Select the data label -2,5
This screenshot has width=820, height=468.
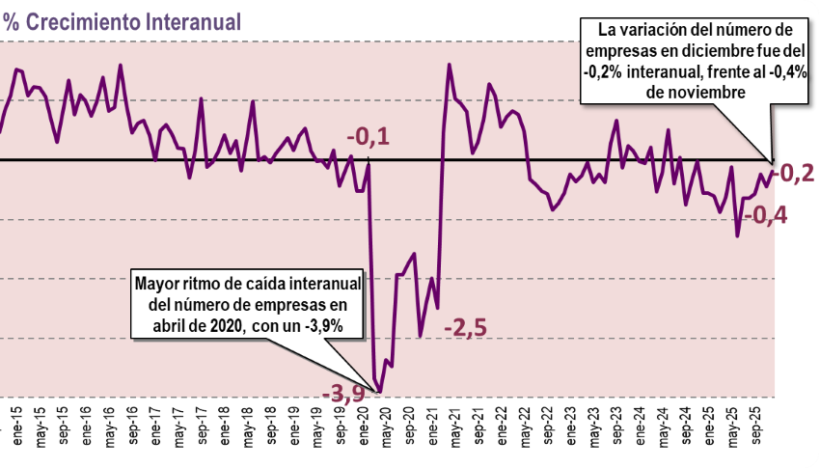(x=465, y=329)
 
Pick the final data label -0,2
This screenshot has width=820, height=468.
(x=796, y=174)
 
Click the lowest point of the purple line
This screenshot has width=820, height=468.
(x=380, y=392)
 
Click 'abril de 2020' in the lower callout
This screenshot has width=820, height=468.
(x=187, y=325)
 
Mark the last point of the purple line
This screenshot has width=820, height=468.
(x=772, y=160)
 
